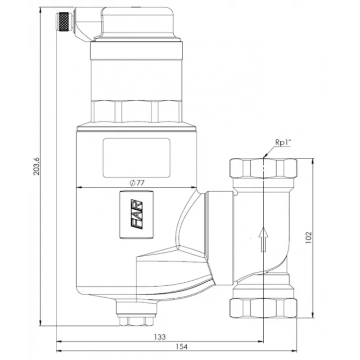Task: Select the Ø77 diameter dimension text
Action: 136,182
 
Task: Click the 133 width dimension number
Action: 160,337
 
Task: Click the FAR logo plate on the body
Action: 136,214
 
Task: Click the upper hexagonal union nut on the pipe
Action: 263,169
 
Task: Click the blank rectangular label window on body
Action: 136,157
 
